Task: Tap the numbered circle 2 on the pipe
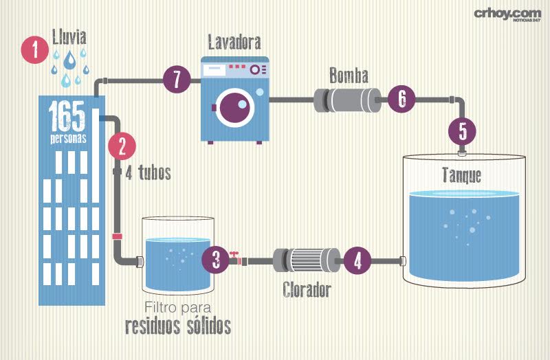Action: [x=122, y=146]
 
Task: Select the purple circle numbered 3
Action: [x=216, y=260]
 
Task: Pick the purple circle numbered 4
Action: [x=357, y=260]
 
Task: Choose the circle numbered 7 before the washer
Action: [x=177, y=80]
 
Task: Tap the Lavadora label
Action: [x=234, y=43]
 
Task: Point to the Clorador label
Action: [x=307, y=290]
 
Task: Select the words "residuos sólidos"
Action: [x=177, y=326]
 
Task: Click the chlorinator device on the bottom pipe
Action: [x=307, y=260]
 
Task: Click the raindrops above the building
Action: [x=69, y=66]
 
